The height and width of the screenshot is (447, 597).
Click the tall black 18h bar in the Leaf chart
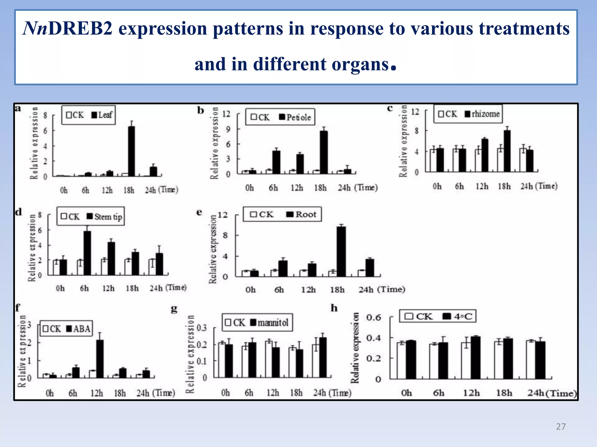[x=131, y=151]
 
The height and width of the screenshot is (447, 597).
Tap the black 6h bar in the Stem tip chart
[x=87, y=253]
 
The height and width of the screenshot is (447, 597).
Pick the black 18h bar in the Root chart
[x=341, y=251]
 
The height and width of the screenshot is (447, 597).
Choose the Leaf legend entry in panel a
[x=102, y=115]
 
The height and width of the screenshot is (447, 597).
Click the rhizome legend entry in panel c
[x=482, y=114]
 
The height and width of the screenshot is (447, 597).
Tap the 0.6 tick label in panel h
[x=374, y=317]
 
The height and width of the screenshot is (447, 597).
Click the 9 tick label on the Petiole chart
[x=228, y=129]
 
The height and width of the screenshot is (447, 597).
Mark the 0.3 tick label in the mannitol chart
[x=202, y=328]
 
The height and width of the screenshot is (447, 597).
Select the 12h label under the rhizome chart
[x=482, y=186]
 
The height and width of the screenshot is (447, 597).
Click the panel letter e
[x=199, y=212]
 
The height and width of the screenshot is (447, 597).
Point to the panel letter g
[x=174, y=309]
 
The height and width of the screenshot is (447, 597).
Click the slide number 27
[x=561, y=427]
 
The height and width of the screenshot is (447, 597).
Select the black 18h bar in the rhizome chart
[x=507, y=151]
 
